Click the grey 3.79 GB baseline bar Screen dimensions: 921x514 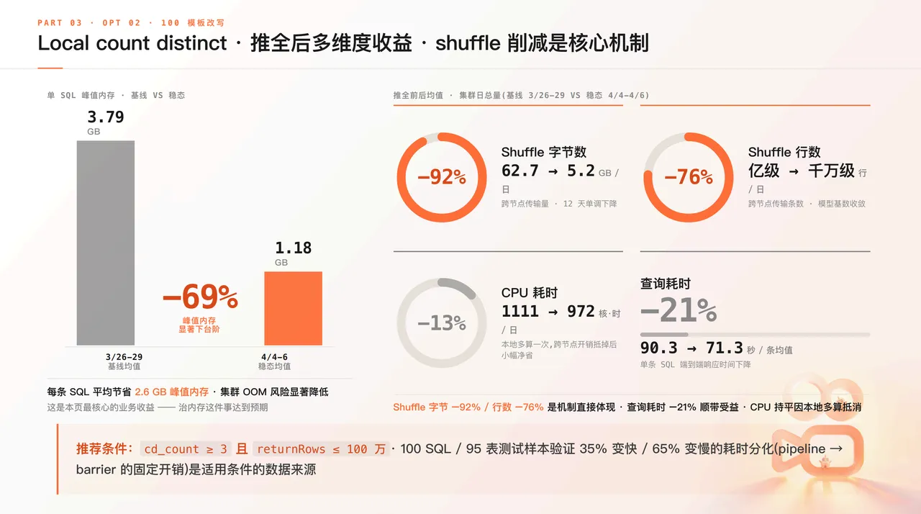[x=106, y=243]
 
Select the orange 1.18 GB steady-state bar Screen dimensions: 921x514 [x=293, y=308]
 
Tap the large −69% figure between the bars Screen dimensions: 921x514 [x=200, y=297]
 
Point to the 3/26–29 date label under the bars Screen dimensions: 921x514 [x=124, y=357]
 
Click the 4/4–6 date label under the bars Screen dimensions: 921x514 [x=274, y=357]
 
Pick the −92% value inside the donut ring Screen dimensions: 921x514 [x=442, y=177]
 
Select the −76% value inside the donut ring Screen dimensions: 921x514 [x=689, y=177]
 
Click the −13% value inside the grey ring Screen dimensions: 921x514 [x=442, y=323]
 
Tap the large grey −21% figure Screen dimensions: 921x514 [x=679, y=310]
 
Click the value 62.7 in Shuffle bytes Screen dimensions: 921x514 [x=520, y=171]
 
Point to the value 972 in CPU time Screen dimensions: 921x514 [x=581, y=311]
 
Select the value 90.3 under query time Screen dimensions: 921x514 [x=658, y=348]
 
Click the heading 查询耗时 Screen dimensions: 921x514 [x=666, y=284]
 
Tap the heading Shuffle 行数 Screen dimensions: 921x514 [x=784, y=152]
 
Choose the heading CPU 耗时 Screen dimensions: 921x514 [x=529, y=293]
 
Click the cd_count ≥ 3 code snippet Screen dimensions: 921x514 [x=186, y=448]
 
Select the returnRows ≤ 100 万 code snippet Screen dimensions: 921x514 [x=321, y=448]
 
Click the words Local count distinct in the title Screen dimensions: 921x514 [x=132, y=43]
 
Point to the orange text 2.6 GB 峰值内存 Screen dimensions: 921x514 [x=171, y=392]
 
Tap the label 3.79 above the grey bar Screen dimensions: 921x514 [x=106, y=117]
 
